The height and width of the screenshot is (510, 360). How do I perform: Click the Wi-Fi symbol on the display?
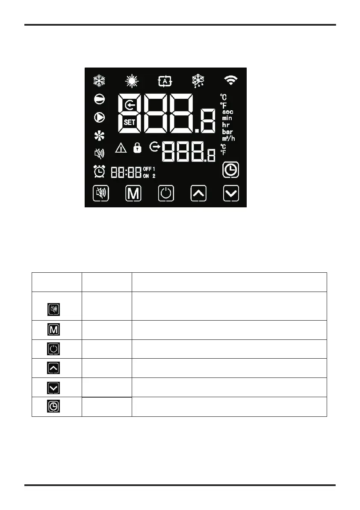pyautogui.click(x=231, y=80)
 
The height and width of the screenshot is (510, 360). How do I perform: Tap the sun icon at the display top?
pyautogui.click(x=131, y=80)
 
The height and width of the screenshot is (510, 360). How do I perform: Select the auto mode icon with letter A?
pyautogui.click(x=165, y=80)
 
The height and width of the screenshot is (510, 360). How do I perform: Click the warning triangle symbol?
pyautogui.click(x=121, y=148)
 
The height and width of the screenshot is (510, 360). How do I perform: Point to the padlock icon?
pyautogui.click(x=137, y=148)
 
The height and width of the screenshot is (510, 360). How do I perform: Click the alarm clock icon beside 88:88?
pyautogui.click(x=100, y=171)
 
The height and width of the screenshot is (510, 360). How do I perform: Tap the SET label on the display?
pyautogui.click(x=130, y=122)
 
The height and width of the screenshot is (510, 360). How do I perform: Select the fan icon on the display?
pyautogui.click(x=100, y=136)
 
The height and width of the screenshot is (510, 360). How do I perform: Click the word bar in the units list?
pyautogui.click(x=227, y=132)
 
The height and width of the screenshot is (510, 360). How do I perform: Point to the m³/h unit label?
pyautogui.click(x=228, y=139)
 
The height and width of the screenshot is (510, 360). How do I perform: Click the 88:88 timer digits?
pyautogui.click(x=126, y=172)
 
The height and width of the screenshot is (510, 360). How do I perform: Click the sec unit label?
pyautogui.click(x=228, y=112)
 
